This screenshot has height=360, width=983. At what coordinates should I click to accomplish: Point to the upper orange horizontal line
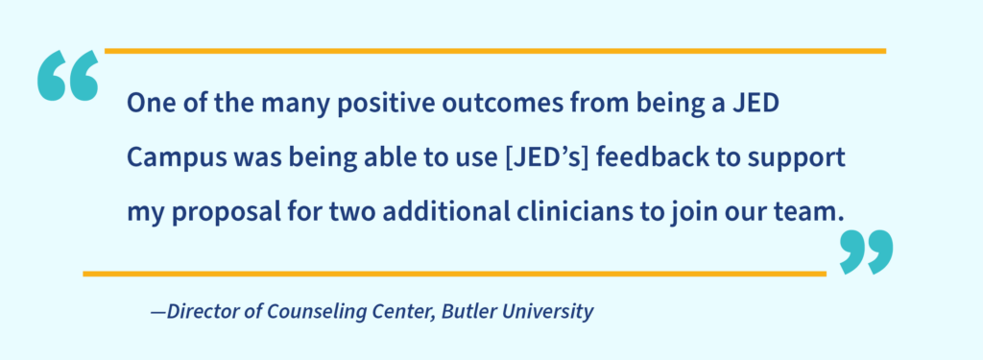(x=494, y=50)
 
